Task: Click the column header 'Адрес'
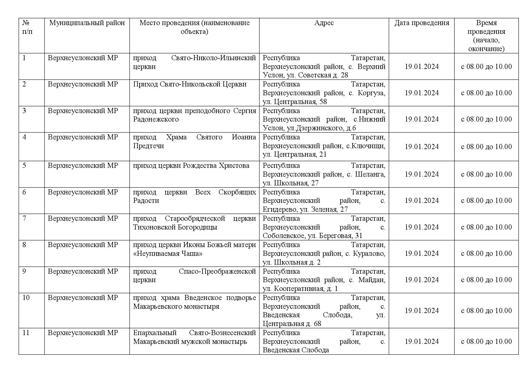[x=324, y=23]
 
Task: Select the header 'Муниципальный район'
[x=87, y=23]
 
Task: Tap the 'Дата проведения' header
[x=421, y=23]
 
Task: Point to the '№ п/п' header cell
[x=28, y=27]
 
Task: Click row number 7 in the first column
[x=24, y=218]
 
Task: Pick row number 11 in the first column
[x=26, y=333]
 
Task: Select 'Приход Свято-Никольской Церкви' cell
[x=190, y=84]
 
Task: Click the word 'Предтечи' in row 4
[x=148, y=146]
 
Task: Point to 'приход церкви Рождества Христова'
[x=191, y=165]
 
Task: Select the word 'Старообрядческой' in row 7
[x=195, y=218]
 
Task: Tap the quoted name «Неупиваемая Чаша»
[x=168, y=253]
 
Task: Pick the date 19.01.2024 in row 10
[x=421, y=311]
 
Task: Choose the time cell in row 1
[x=486, y=67]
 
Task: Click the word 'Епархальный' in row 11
[x=155, y=333]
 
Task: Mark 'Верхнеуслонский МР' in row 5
[x=83, y=165]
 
